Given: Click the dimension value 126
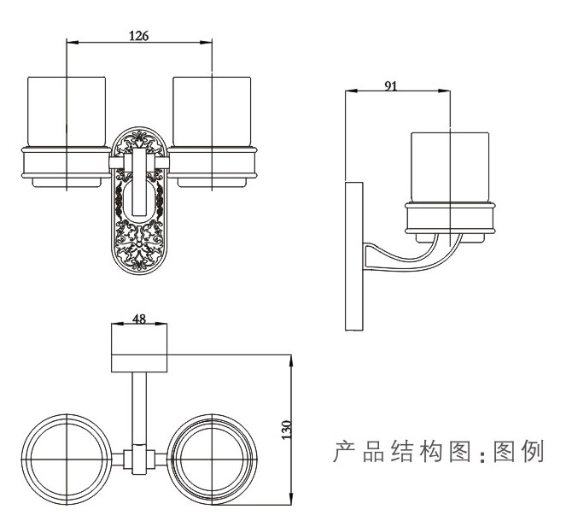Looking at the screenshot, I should (139, 35).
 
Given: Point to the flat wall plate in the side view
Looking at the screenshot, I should (351, 256).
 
